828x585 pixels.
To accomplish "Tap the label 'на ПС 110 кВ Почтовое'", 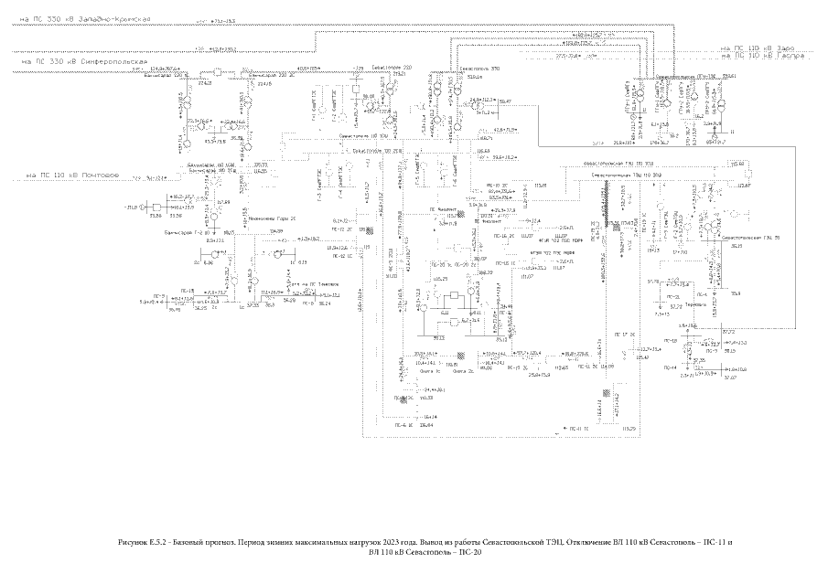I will pyautogui.click(x=73, y=174).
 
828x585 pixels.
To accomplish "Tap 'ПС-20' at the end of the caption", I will pyautogui.click(x=468, y=553).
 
